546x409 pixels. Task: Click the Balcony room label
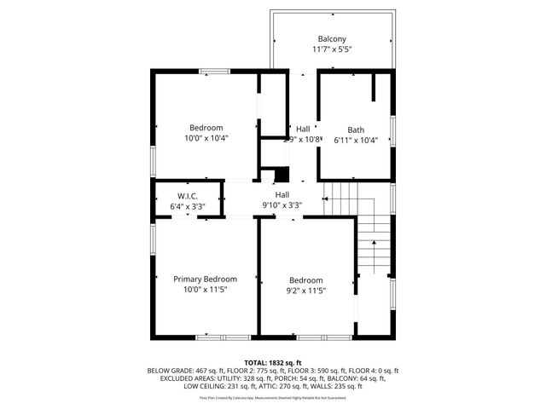coord(332,39)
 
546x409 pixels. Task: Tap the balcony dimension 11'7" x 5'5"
coord(332,49)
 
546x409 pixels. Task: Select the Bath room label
coord(355,130)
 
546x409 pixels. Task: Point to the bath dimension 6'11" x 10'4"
coord(355,140)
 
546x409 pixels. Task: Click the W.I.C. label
coord(188,196)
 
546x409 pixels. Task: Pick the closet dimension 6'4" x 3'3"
coord(188,206)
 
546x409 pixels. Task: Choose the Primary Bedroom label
coord(205,279)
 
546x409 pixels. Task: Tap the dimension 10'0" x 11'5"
coord(205,289)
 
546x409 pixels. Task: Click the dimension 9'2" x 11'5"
coord(305,291)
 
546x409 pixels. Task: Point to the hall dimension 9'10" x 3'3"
coord(282,204)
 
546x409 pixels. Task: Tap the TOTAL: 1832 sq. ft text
coord(273,362)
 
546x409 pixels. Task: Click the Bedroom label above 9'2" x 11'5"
coord(305,280)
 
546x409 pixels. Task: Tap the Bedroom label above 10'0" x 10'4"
coord(206,128)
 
